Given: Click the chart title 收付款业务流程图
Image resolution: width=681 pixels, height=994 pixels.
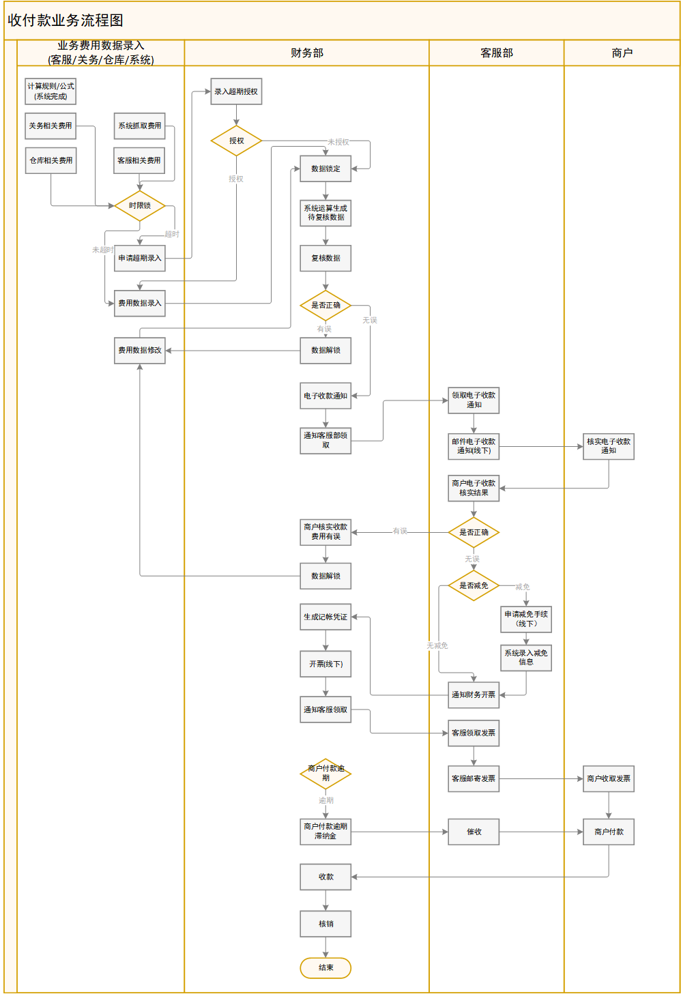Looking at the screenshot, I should pyautogui.click(x=66, y=20).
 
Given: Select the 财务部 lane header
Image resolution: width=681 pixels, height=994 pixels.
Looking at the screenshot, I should pyautogui.click(x=306, y=53).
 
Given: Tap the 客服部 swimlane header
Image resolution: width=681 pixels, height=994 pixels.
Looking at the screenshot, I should pyautogui.click(x=496, y=53).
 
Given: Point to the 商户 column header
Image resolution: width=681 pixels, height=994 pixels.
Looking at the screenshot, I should pyautogui.click(x=622, y=53).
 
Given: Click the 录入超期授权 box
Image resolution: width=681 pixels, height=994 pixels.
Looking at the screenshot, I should pyautogui.click(x=236, y=91).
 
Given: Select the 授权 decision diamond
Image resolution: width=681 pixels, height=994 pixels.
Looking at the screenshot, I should pyautogui.click(x=236, y=141).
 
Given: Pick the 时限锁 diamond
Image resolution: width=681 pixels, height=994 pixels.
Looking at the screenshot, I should pyautogui.click(x=139, y=205).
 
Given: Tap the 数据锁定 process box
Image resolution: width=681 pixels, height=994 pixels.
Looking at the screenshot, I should pyautogui.click(x=325, y=169).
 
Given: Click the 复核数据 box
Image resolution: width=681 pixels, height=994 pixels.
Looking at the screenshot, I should pyautogui.click(x=325, y=258).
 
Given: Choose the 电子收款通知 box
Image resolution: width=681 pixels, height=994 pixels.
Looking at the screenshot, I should pyautogui.click(x=325, y=396).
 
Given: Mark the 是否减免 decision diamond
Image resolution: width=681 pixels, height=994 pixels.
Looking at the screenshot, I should pyautogui.click(x=474, y=585).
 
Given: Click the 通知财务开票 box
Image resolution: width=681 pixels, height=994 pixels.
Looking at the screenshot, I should pyautogui.click(x=474, y=695).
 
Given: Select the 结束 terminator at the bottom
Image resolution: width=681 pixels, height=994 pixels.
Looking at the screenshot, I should pyautogui.click(x=325, y=967).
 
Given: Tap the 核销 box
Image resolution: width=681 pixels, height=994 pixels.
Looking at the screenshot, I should pyautogui.click(x=325, y=924).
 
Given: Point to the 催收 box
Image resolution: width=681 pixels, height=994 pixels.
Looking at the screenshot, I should pyautogui.click(x=474, y=832).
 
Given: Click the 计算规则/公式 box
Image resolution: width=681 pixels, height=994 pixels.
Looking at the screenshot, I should pyautogui.click(x=50, y=91).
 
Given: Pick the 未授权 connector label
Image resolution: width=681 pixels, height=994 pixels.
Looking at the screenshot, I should pyautogui.click(x=338, y=142).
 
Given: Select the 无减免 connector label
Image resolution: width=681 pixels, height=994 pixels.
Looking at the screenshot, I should pyautogui.click(x=437, y=645).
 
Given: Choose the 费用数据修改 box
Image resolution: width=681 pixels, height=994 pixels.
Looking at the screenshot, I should pyautogui.click(x=139, y=350).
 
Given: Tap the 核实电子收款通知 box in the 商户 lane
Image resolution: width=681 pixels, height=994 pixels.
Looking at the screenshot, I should pyautogui.click(x=608, y=446).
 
